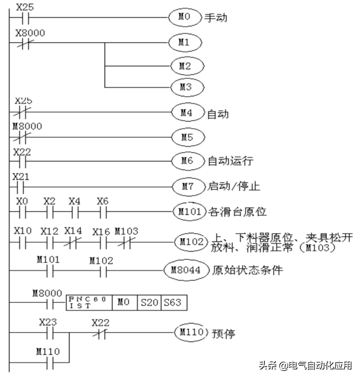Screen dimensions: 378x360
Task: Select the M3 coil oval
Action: pyautogui.click(x=185, y=88)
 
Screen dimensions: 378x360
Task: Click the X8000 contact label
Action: pyautogui.click(x=28, y=34)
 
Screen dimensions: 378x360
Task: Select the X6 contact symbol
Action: pyautogui.click(x=103, y=210)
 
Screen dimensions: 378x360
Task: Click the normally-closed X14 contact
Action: pyautogui.click(x=75, y=241)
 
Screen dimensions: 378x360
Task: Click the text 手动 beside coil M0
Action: pyautogui.click(x=215, y=18)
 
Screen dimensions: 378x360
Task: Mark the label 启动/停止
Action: pyautogui.click(x=231, y=187)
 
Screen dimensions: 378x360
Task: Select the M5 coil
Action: pyautogui.click(x=185, y=138)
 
